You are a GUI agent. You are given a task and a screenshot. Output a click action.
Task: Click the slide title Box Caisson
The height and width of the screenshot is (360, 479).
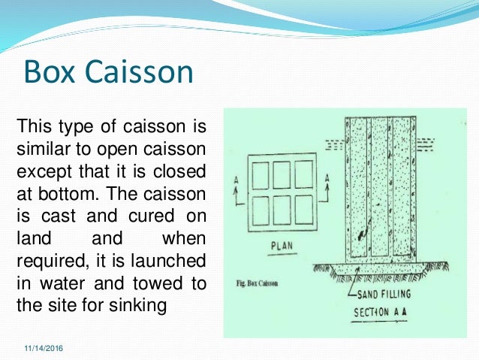click(109, 73)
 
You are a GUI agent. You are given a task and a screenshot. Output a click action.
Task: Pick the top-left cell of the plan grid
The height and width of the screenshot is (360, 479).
click(260, 174)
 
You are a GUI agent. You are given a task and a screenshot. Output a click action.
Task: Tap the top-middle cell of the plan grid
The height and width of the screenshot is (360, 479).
click(282, 174)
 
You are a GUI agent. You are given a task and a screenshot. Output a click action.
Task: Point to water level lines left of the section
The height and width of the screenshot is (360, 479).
click(334, 142)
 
